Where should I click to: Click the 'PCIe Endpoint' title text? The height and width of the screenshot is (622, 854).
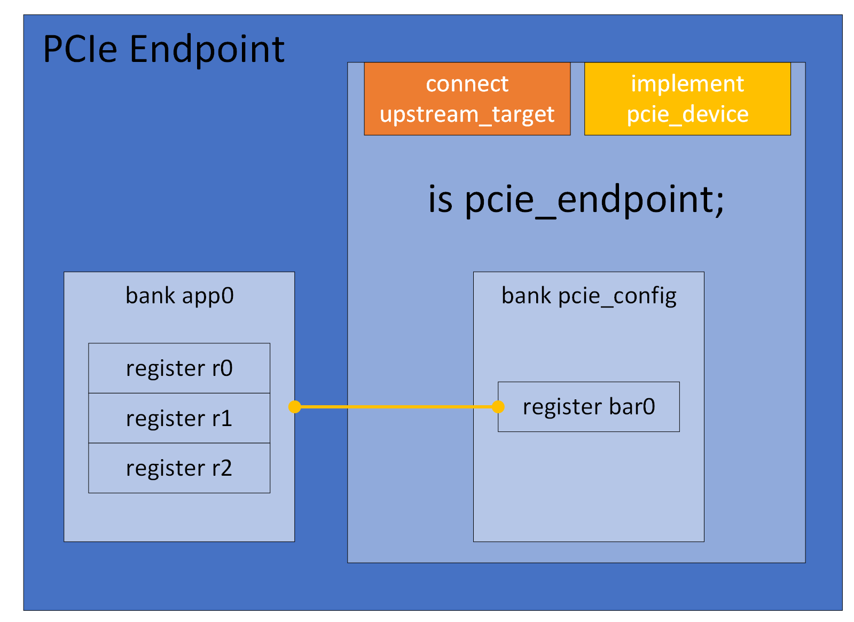pyautogui.click(x=163, y=49)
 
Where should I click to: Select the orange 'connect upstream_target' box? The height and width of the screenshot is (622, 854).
pyautogui.click(x=467, y=99)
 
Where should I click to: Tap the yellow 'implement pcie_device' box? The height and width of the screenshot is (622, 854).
pyautogui.click(x=687, y=99)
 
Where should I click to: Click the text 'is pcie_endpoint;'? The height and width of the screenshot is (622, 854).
pyautogui.click(x=576, y=200)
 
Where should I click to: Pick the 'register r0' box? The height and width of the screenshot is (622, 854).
pyautogui.click(x=179, y=368)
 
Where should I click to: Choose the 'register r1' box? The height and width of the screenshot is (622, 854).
pyautogui.click(x=179, y=418)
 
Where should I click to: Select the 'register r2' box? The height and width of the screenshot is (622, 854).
pyautogui.click(x=179, y=468)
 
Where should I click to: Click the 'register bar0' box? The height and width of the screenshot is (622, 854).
pyautogui.click(x=589, y=407)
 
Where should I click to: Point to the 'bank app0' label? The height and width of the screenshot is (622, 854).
pyautogui.click(x=179, y=296)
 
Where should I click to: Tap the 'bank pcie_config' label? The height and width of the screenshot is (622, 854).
pyautogui.click(x=589, y=296)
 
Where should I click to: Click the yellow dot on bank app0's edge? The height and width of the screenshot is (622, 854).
pyautogui.click(x=294, y=407)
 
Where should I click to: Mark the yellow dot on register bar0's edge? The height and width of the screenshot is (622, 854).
pyautogui.click(x=498, y=407)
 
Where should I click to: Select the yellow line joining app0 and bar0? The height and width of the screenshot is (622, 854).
pyautogui.click(x=395, y=407)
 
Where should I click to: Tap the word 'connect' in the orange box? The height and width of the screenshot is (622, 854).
pyautogui.click(x=467, y=84)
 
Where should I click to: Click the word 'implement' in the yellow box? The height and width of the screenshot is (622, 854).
pyautogui.click(x=687, y=84)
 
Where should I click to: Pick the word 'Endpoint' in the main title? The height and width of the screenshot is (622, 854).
pyautogui.click(x=207, y=49)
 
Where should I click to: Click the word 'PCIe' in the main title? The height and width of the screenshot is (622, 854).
pyautogui.click(x=80, y=49)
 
